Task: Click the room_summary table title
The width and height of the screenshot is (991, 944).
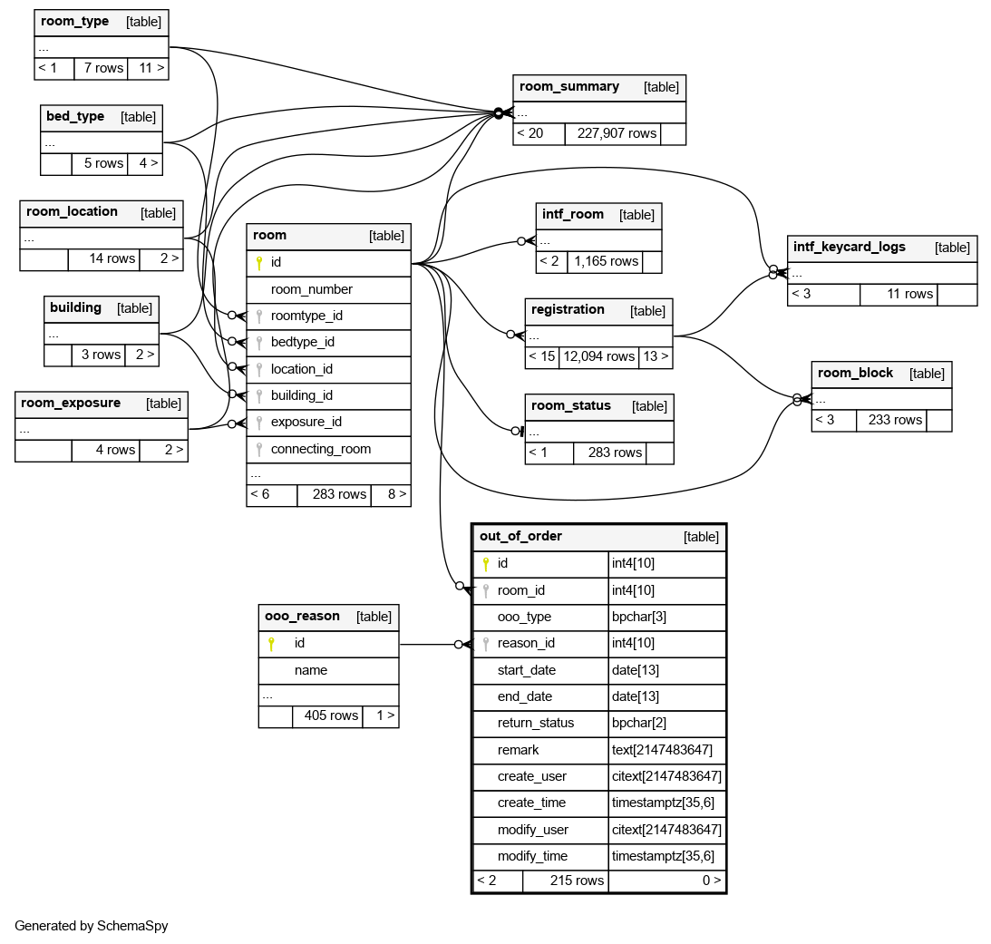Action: tap(568, 87)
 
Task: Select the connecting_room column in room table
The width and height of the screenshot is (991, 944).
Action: tap(320, 449)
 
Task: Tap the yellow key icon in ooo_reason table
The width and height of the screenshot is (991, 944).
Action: tap(270, 644)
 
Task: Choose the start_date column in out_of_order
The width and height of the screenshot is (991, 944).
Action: tap(526, 670)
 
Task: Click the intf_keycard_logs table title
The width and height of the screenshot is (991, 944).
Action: tap(849, 247)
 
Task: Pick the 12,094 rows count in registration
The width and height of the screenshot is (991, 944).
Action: tap(598, 356)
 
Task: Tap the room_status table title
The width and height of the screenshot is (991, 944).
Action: tap(570, 405)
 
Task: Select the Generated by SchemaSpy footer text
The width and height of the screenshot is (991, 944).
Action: tap(91, 926)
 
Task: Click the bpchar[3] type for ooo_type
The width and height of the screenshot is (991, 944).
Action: tap(632, 617)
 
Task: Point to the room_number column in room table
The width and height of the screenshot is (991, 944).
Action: tap(311, 289)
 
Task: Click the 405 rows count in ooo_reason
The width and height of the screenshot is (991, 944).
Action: tap(331, 715)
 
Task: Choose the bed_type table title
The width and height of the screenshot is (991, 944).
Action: tap(75, 116)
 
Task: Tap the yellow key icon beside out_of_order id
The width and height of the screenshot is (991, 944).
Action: tap(485, 564)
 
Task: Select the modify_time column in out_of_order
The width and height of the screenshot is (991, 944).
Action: tap(532, 856)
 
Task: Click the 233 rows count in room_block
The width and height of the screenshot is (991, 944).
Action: tap(895, 420)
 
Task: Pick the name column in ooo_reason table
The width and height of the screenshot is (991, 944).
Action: tap(310, 670)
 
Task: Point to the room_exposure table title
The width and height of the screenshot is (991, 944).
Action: tap(71, 403)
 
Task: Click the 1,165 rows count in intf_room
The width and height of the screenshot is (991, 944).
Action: tap(606, 261)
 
